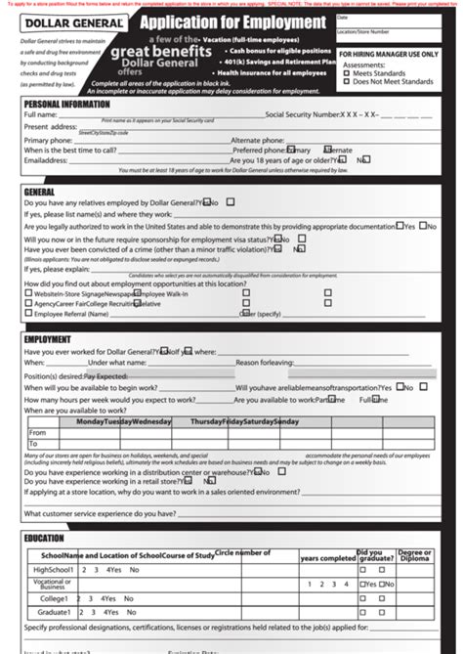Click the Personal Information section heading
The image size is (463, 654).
click(x=66, y=102)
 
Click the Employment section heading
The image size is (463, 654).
click(x=48, y=339)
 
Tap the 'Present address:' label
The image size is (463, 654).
click(x=52, y=126)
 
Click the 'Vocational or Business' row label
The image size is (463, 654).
click(x=52, y=584)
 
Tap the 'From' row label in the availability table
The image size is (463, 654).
click(x=38, y=431)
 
